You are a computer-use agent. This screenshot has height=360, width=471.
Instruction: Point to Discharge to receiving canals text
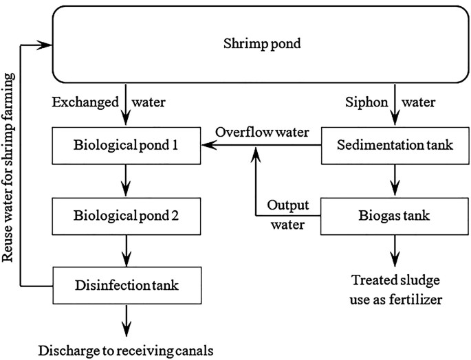[126, 350]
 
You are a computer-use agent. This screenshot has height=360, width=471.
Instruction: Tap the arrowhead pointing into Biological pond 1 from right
[208, 146]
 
